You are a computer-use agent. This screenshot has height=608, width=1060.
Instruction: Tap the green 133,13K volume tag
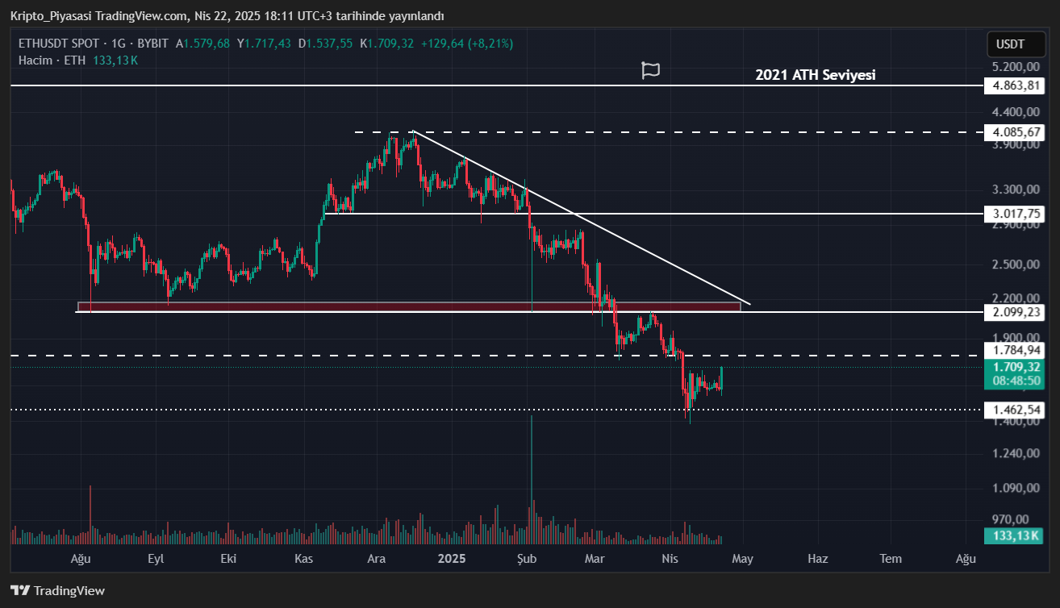click(1013, 535)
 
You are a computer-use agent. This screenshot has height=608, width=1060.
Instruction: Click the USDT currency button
click(1010, 44)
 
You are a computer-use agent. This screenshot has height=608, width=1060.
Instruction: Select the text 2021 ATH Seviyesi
click(815, 75)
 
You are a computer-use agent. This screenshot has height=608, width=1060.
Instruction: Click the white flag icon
click(650, 70)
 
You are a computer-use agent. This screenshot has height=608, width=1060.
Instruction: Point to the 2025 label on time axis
click(451, 559)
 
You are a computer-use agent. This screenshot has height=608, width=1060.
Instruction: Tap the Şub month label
click(526, 559)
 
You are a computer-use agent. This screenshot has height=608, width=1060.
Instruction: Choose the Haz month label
click(817, 559)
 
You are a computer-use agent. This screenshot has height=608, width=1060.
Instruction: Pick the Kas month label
click(303, 559)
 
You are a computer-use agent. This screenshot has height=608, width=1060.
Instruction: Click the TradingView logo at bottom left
click(57, 590)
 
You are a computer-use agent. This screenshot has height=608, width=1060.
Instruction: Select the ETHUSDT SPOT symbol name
click(59, 43)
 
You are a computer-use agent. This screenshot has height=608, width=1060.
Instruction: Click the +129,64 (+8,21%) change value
click(466, 43)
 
